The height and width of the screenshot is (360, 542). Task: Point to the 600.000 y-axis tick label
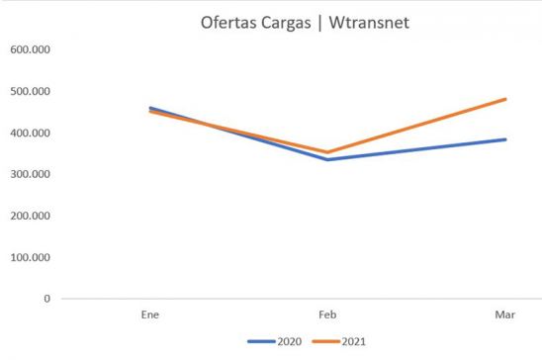[x=30, y=49]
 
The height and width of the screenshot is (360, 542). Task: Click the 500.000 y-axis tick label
[x=30, y=91]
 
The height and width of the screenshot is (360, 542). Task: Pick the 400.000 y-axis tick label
[x=30, y=133]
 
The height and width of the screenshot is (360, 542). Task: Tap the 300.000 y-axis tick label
[x=30, y=174]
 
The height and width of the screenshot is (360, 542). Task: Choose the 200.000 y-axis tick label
[x=30, y=216]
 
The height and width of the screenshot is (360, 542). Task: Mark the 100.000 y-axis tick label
[x=30, y=257]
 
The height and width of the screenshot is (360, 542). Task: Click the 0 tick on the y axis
[x=46, y=298]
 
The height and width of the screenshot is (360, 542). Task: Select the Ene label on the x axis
[x=149, y=314]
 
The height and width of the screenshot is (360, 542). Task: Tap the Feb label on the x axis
[x=327, y=314]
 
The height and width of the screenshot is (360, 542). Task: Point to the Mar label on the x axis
[x=505, y=314]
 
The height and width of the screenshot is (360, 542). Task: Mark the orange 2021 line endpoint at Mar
[x=505, y=99]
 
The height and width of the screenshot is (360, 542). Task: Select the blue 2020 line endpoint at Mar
[x=505, y=139]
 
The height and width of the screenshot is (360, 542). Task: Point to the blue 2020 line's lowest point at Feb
[x=327, y=159]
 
